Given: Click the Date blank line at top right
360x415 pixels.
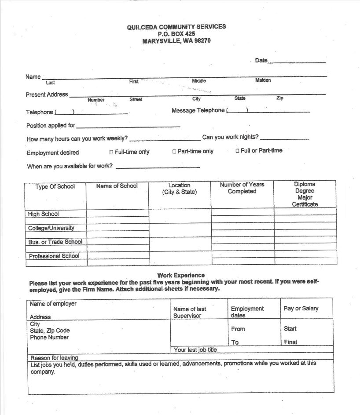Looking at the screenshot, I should pos(297,62).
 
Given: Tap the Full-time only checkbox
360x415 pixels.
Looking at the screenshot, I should pos(111,152).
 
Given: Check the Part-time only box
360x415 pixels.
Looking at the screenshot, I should pos(174,152).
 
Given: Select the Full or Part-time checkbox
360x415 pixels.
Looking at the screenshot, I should pos(237,151).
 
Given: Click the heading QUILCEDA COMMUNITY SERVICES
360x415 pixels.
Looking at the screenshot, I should pos(176,27).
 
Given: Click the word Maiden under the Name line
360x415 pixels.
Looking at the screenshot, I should pos(263,80).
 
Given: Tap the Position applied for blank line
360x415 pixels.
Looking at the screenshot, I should pos(128,127).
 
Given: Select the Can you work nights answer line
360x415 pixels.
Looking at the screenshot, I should pos(284,138).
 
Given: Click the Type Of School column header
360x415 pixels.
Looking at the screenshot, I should pos(55,187).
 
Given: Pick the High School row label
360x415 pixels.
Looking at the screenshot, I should pos(43,214).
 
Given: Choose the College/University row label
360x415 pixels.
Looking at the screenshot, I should pos(51,228).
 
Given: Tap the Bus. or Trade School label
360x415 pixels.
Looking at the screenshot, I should pos(55,242).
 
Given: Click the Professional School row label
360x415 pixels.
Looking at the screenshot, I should pos(54,256).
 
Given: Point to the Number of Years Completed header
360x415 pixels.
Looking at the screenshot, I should pos(242,188).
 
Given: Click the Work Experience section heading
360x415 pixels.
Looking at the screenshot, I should pos(180,275).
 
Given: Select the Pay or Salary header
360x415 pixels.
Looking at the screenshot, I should pos(301,309).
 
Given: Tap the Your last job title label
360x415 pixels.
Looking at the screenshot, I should pos(195,350).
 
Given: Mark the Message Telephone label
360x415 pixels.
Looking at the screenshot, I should pos(198,111).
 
